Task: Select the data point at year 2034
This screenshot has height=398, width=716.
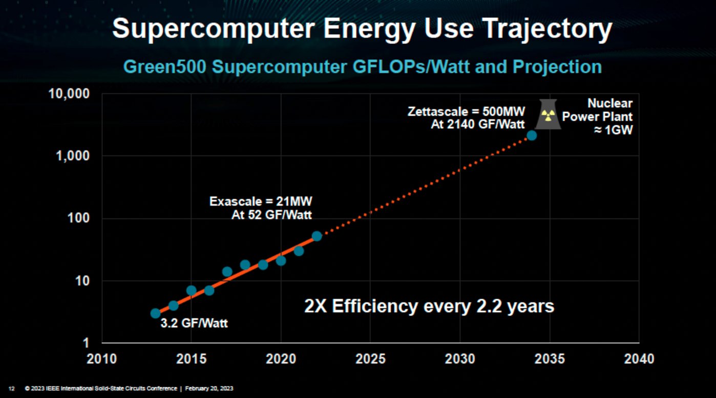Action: (532, 136)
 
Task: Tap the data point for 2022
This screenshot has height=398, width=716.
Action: (317, 236)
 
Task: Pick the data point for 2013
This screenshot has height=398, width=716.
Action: (155, 313)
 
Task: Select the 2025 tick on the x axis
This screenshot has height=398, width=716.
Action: (370, 359)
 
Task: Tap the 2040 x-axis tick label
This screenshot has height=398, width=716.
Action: (639, 359)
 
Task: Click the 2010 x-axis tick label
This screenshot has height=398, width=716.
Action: (102, 359)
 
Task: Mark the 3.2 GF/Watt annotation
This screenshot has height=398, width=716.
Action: (194, 323)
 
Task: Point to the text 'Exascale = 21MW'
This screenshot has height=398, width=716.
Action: (260, 201)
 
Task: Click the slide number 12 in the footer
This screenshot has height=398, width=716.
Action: (12, 388)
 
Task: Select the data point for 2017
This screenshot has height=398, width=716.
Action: (227, 271)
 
